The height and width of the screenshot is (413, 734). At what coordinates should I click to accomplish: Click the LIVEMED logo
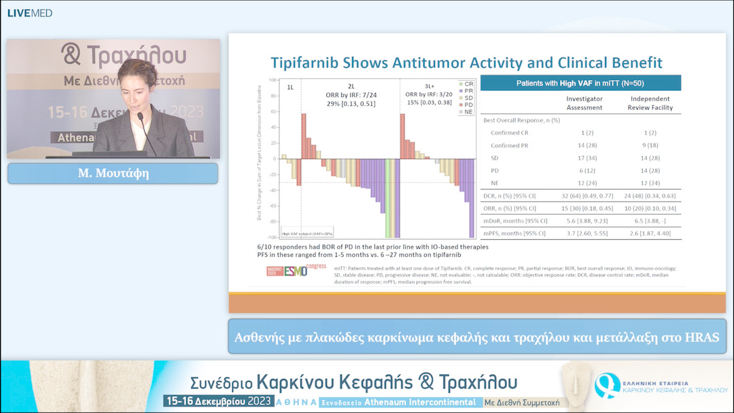tap(29, 13)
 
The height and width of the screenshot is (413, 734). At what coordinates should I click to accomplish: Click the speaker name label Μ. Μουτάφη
tap(112, 173)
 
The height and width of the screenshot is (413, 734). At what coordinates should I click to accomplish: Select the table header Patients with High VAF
tap(580, 83)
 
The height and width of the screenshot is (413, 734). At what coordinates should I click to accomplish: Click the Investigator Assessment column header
tap(584, 103)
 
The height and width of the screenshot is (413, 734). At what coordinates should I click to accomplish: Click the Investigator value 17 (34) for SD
tap(584, 158)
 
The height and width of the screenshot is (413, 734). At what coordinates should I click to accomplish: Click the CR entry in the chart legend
tap(468, 84)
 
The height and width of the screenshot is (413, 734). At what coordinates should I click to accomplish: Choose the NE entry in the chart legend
tap(468, 111)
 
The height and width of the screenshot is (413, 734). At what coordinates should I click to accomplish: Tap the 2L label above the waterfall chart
tap(351, 87)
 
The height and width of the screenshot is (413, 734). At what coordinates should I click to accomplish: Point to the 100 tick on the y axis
tap(272, 80)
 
